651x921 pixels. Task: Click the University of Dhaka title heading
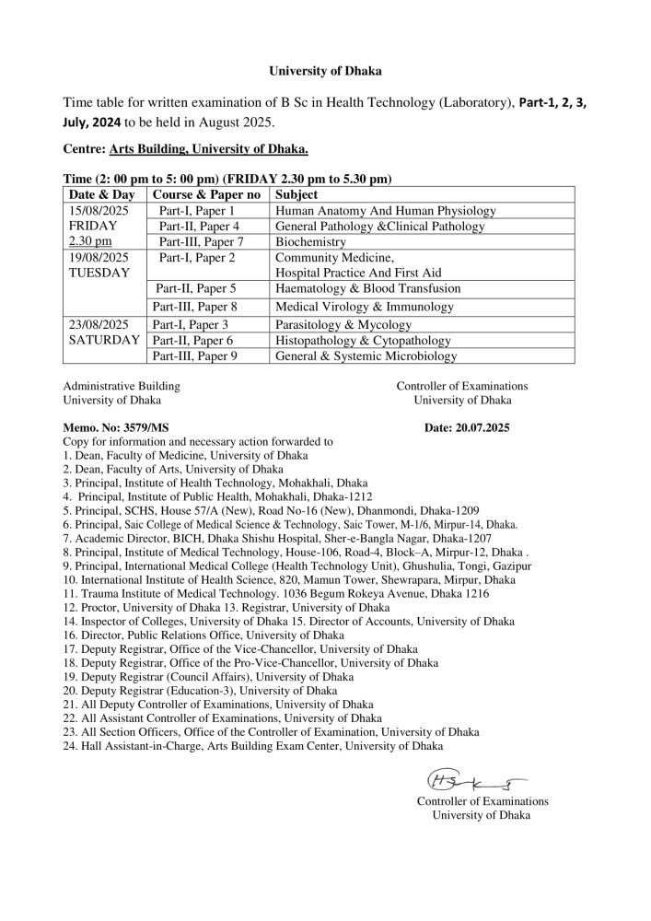pyautogui.click(x=325, y=69)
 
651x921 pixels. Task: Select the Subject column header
pyautogui.click(x=296, y=195)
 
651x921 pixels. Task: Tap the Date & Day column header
pyautogui.click(x=102, y=195)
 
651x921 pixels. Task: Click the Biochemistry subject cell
pyautogui.click(x=310, y=241)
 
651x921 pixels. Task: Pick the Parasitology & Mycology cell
pyautogui.click(x=343, y=325)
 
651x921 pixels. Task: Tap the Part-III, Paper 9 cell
pyautogui.click(x=199, y=356)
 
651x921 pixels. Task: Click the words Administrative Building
pyautogui.click(x=122, y=386)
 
